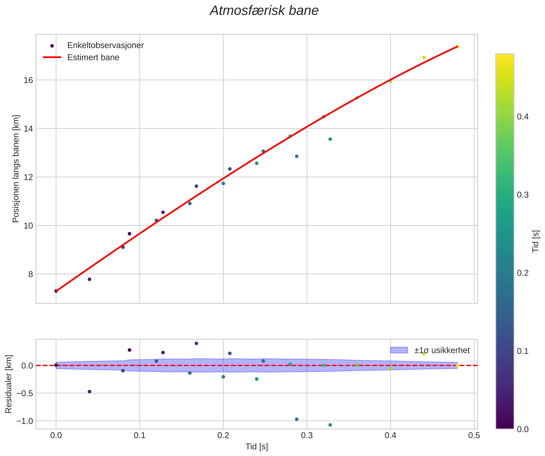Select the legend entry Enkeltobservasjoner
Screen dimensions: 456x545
tap(105, 45)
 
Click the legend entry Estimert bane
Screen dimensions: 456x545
tap(93, 57)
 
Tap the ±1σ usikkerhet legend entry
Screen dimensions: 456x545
tap(442, 350)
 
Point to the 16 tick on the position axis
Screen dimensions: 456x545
tap(29, 80)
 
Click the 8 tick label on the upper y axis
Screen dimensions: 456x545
tap(31, 274)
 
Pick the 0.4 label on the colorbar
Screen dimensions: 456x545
tap(523, 117)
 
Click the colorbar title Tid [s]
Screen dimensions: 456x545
tap(536, 241)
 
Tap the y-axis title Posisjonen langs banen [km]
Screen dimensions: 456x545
tap(16, 169)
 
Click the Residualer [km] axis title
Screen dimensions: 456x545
tap(9, 384)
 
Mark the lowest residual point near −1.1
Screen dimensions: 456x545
tap(330, 425)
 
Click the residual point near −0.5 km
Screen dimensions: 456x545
tap(90, 392)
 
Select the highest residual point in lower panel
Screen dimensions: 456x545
tap(196, 343)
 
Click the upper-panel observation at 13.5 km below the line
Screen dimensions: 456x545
tap(330, 139)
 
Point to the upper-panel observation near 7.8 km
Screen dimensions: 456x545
tap(90, 279)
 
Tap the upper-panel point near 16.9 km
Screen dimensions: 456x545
tap(424, 57)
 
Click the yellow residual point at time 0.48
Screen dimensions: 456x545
tap(457, 365)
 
